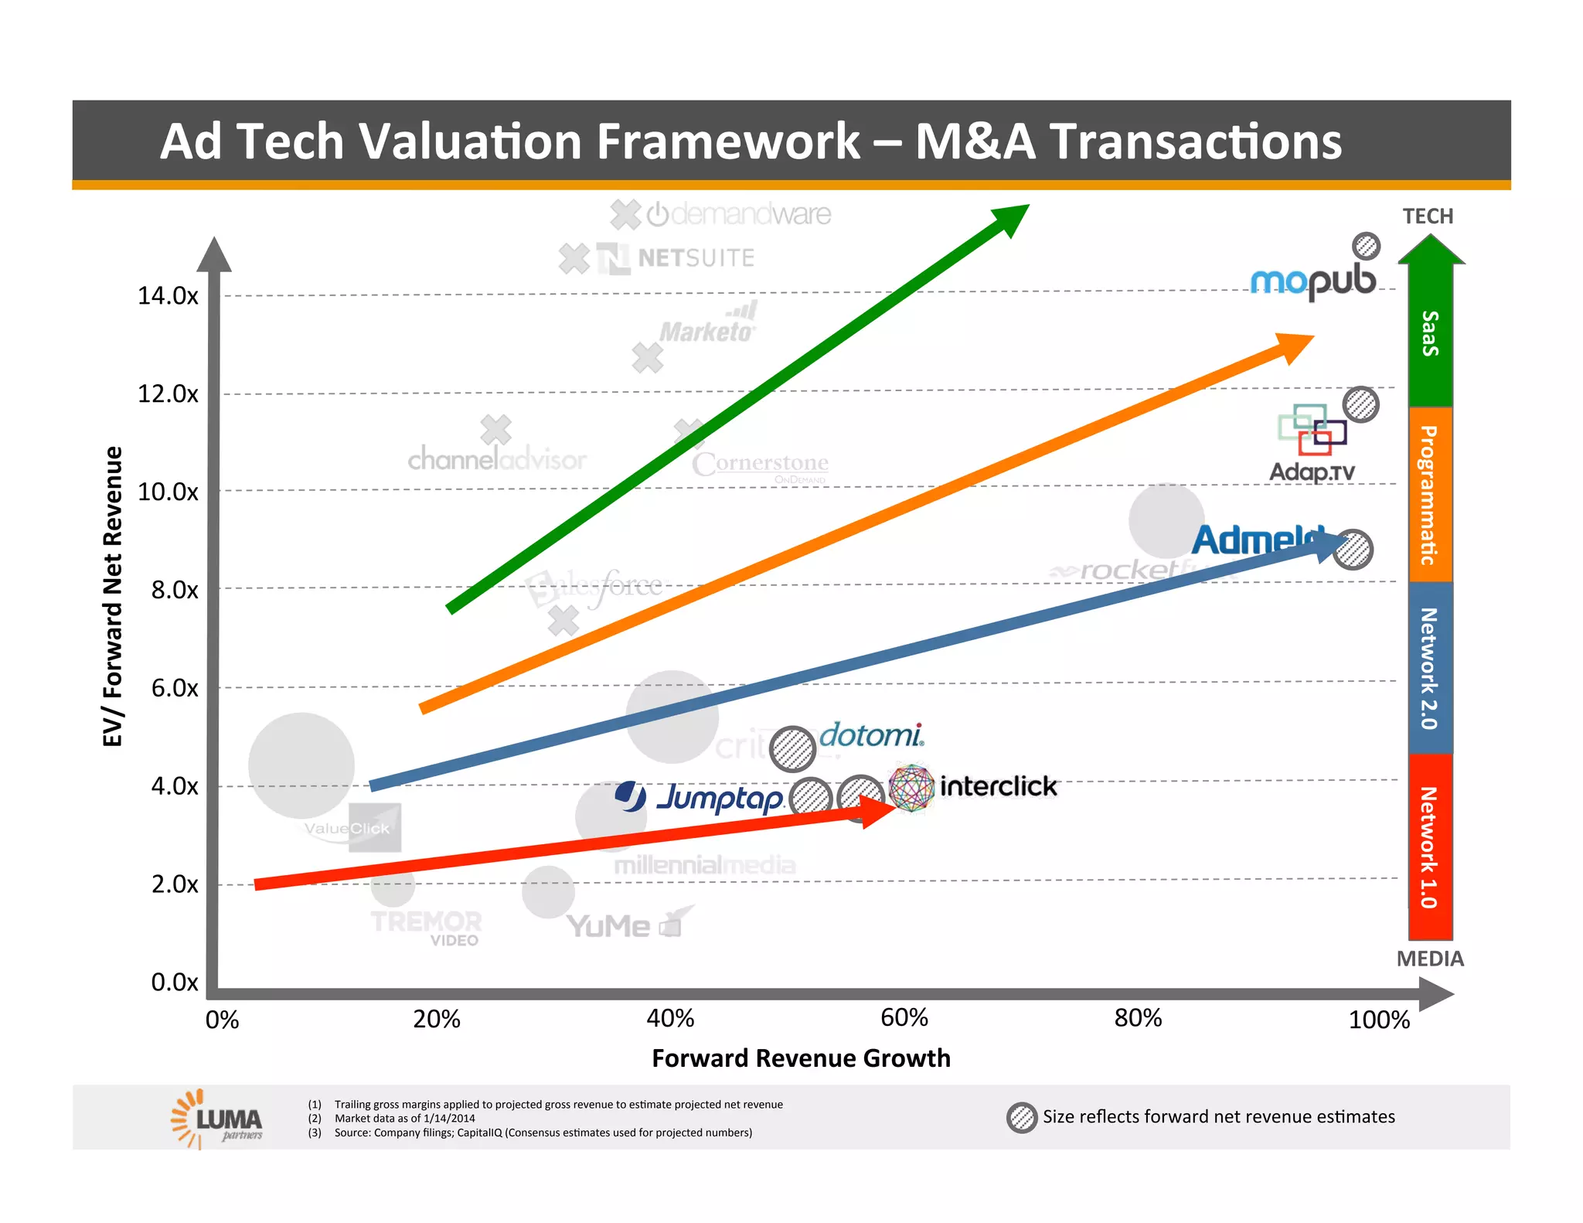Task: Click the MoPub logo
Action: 1312,282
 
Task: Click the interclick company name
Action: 997,786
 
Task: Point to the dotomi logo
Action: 870,734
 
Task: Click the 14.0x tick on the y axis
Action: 167,295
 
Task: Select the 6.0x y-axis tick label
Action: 175,687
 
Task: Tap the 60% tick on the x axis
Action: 904,1017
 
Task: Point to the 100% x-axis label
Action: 1378,1020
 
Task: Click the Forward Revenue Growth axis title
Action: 801,1058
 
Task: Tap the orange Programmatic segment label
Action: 1430,495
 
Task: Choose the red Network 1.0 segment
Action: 1430,847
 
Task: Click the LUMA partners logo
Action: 217,1119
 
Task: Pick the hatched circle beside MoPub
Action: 1366,246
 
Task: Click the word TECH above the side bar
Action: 1428,216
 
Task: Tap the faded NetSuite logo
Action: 676,258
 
